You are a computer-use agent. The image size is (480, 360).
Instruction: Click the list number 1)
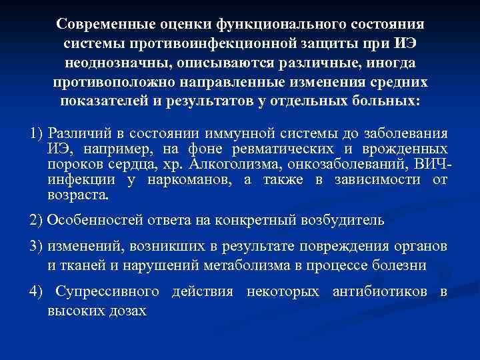coord(38,133)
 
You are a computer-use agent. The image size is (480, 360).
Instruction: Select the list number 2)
coord(38,221)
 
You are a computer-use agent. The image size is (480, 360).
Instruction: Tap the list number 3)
coord(38,247)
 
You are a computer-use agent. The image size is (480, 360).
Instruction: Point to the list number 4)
coord(38,292)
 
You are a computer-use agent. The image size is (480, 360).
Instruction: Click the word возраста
coord(77,196)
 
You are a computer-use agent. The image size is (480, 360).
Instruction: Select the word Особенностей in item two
coord(95,221)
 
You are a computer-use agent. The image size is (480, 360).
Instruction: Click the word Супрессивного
coord(107,292)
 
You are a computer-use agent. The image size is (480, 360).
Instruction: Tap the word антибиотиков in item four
coord(379,292)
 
